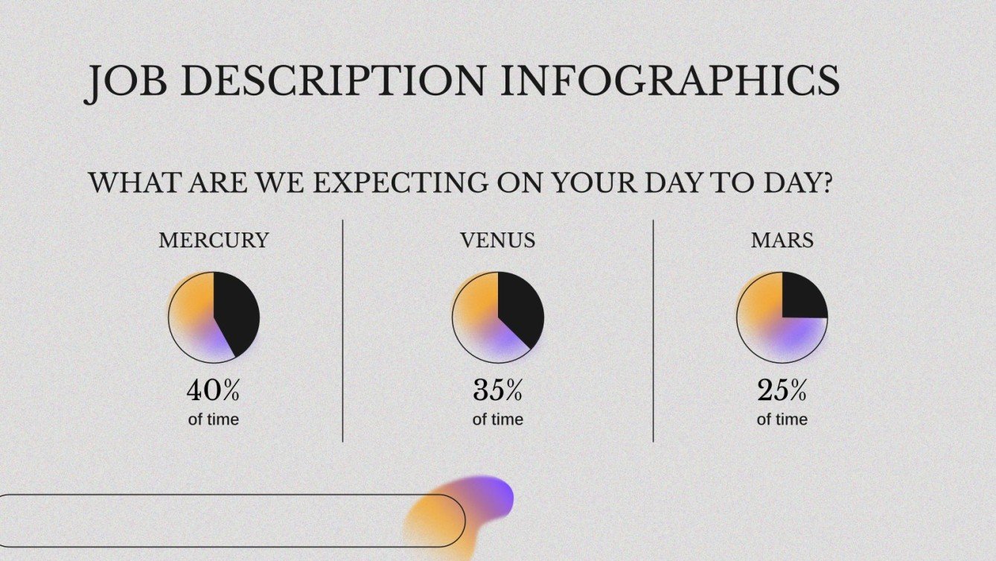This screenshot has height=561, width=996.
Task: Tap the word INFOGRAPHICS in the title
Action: (x=670, y=80)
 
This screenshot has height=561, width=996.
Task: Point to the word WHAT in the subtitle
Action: (x=133, y=183)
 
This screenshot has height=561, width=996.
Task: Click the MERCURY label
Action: (x=214, y=241)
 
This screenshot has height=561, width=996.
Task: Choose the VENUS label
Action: (x=497, y=241)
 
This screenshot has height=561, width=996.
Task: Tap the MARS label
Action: (x=782, y=241)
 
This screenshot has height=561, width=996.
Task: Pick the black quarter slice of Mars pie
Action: (x=802, y=296)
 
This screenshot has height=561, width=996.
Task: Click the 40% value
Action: (x=214, y=390)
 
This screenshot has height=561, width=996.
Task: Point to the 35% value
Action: (x=497, y=390)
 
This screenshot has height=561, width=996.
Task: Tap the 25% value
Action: (x=782, y=390)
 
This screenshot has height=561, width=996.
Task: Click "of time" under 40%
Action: (x=214, y=419)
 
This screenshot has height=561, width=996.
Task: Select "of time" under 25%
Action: (x=782, y=419)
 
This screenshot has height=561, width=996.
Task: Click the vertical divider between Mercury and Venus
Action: (x=343, y=331)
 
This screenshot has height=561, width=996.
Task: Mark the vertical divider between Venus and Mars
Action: (x=654, y=331)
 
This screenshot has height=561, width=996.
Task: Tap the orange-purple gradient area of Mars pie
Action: (x=770, y=332)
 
